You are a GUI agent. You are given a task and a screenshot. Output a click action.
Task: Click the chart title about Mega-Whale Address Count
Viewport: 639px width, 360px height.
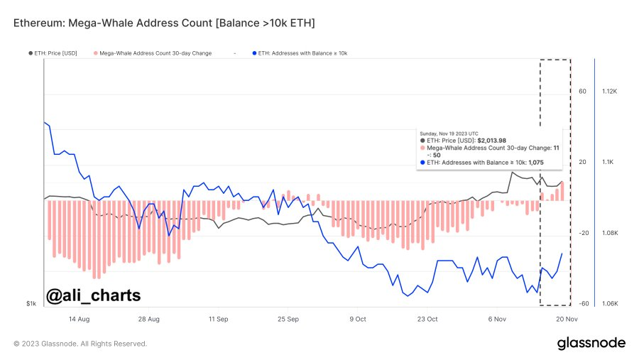(164, 23)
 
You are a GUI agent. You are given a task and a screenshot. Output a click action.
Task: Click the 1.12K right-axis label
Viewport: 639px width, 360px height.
(611, 92)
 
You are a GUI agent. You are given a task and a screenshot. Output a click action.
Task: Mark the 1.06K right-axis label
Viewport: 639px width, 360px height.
(611, 304)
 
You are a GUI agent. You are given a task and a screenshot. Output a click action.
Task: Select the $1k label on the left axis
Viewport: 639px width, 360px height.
(31, 304)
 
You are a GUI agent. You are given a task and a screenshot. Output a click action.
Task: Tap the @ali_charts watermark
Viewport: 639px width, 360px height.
(93, 295)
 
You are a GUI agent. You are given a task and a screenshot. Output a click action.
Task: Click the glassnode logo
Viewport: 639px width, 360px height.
(591, 343)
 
